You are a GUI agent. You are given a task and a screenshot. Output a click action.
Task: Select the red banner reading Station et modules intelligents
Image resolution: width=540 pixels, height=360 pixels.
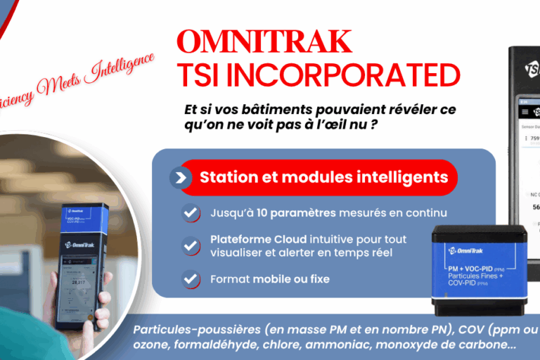pos(323,176)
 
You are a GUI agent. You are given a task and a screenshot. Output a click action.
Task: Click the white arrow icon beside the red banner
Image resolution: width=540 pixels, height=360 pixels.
pos(181,177)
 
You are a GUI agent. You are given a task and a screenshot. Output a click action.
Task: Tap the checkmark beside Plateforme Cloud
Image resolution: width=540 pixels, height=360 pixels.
pos(190,245)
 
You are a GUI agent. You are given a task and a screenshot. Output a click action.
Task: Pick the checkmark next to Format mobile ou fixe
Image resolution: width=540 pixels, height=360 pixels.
pos(190,279)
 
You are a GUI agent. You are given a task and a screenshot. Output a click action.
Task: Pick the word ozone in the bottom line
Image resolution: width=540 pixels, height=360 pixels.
pos(151,346)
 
